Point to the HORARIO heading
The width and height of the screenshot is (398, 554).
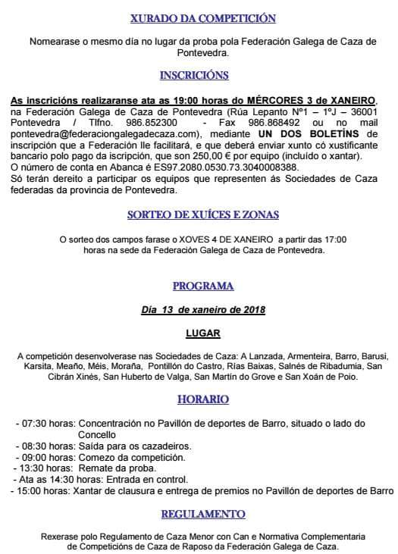coord(202,399)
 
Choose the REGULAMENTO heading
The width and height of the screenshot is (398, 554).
coord(202,513)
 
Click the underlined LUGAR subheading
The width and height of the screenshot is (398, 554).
coord(202,333)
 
